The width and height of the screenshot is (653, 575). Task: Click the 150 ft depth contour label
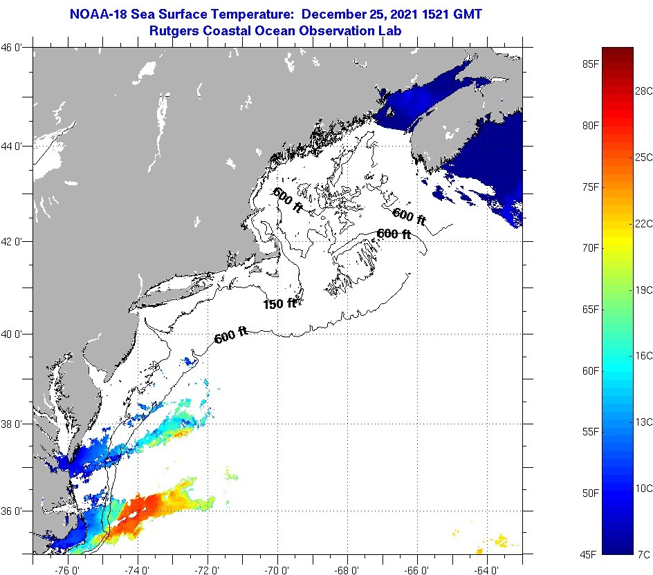tap(279, 303)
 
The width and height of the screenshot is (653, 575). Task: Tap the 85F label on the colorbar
tap(590, 64)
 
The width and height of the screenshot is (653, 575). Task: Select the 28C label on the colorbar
tap(643, 91)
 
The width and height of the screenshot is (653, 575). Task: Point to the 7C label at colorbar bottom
tap(643, 554)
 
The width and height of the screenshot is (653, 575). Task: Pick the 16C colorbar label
tap(643, 355)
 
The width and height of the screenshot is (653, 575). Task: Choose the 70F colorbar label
tap(590, 247)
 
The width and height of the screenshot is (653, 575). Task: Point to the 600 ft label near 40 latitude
tap(231, 337)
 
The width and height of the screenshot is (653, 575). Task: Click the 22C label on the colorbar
tap(643, 223)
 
